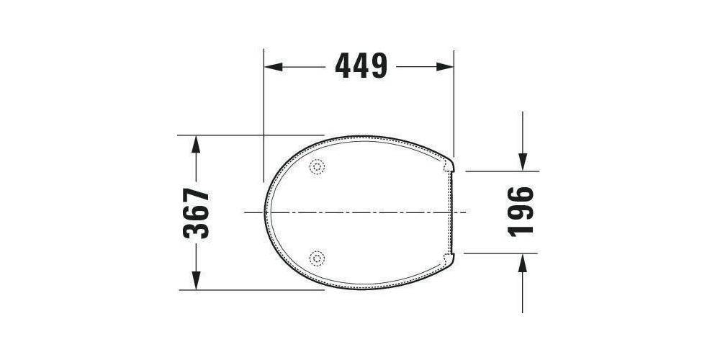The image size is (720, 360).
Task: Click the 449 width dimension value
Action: (361, 66)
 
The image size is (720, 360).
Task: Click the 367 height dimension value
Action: (196, 213)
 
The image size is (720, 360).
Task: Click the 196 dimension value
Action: (521, 211)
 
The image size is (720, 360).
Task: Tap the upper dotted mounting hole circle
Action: (318, 167)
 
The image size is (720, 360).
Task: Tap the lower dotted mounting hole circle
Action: (318, 257)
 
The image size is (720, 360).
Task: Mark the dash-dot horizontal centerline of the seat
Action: (360, 213)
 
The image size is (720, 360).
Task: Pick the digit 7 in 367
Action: (196, 196)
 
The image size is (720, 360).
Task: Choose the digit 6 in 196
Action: (521, 194)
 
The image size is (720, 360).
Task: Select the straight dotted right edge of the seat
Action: (451, 213)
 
